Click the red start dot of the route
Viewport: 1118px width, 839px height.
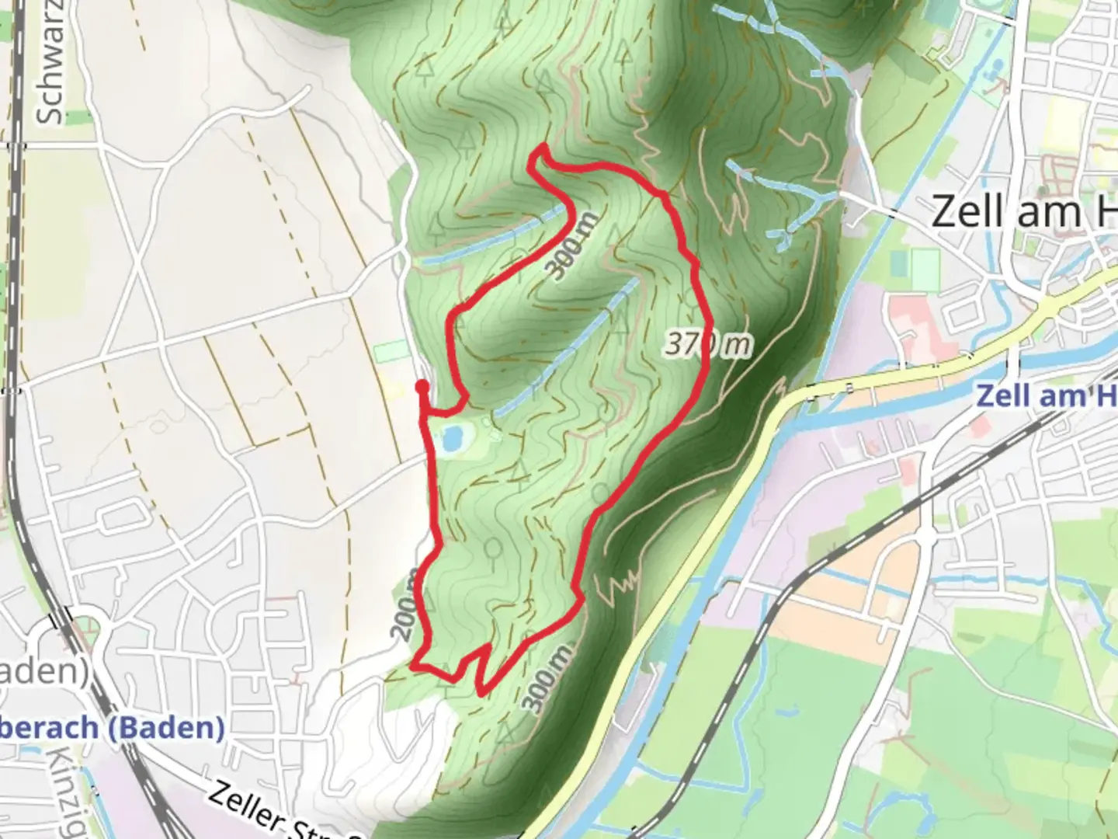(x=422, y=385)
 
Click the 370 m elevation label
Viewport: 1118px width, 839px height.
(x=707, y=344)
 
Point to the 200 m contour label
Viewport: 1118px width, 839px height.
(x=404, y=614)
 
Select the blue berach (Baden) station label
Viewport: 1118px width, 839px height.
(x=113, y=728)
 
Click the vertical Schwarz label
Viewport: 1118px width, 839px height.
(x=51, y=62)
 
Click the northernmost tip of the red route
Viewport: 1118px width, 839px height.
(x=542, y=147)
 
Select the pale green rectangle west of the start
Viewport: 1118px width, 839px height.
(x=390, y=352)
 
